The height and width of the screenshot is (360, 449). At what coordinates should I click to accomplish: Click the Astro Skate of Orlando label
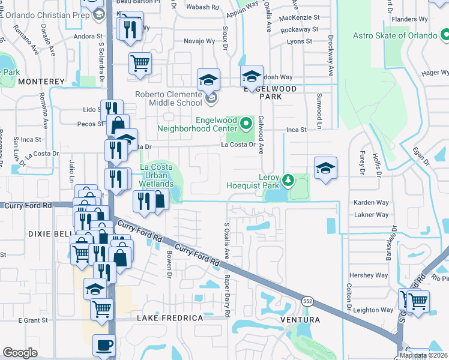[394, 35]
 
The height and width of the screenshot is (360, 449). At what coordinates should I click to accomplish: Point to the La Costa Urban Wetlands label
[157, 175]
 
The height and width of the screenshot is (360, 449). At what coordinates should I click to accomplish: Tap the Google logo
[20, 353]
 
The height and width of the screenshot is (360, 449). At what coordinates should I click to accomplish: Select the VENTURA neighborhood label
[300, 320]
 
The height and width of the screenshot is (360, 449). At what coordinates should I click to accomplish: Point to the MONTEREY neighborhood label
[41, 81]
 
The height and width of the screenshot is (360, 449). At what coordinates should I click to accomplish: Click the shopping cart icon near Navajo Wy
[140, 62]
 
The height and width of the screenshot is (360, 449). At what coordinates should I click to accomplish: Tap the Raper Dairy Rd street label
[228, 296]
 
